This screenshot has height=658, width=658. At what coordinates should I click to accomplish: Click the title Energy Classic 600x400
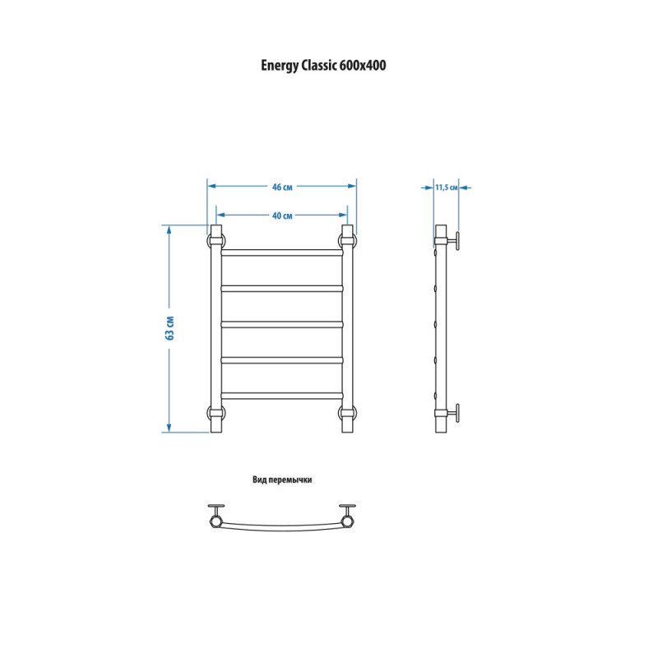click(323, 66)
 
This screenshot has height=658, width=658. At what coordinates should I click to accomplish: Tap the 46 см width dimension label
click(282, 188)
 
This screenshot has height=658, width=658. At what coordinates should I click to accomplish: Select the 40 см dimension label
click(282, 215)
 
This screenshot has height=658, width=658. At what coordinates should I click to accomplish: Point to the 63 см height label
click(170, 327)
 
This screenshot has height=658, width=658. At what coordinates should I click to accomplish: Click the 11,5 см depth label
click(446, 188)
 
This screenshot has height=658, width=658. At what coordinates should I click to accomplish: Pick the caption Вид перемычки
click(282, 480)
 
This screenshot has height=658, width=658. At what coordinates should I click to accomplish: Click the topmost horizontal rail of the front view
click(282, 253)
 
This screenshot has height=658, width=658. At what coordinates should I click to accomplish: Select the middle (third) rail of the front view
click(282, 324)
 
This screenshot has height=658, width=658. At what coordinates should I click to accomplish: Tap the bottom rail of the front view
click(282, 396)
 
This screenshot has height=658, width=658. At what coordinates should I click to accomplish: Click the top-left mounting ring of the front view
click(209, 240)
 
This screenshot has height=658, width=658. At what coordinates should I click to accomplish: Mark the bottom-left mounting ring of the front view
click(209, 414)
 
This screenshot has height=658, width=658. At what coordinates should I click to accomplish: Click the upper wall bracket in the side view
click(453, 241)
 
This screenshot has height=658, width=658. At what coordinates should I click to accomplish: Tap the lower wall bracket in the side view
click(453, 414)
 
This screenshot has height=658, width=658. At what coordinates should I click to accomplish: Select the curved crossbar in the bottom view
click(282, 528)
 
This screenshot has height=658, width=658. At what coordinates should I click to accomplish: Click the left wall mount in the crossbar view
click(216, 516)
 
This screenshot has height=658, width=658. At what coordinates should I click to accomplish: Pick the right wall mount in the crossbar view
click(347, 516)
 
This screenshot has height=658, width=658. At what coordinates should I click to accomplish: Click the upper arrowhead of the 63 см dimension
click(169, 229)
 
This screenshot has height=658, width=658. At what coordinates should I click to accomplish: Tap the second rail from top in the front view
click(282, 289)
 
